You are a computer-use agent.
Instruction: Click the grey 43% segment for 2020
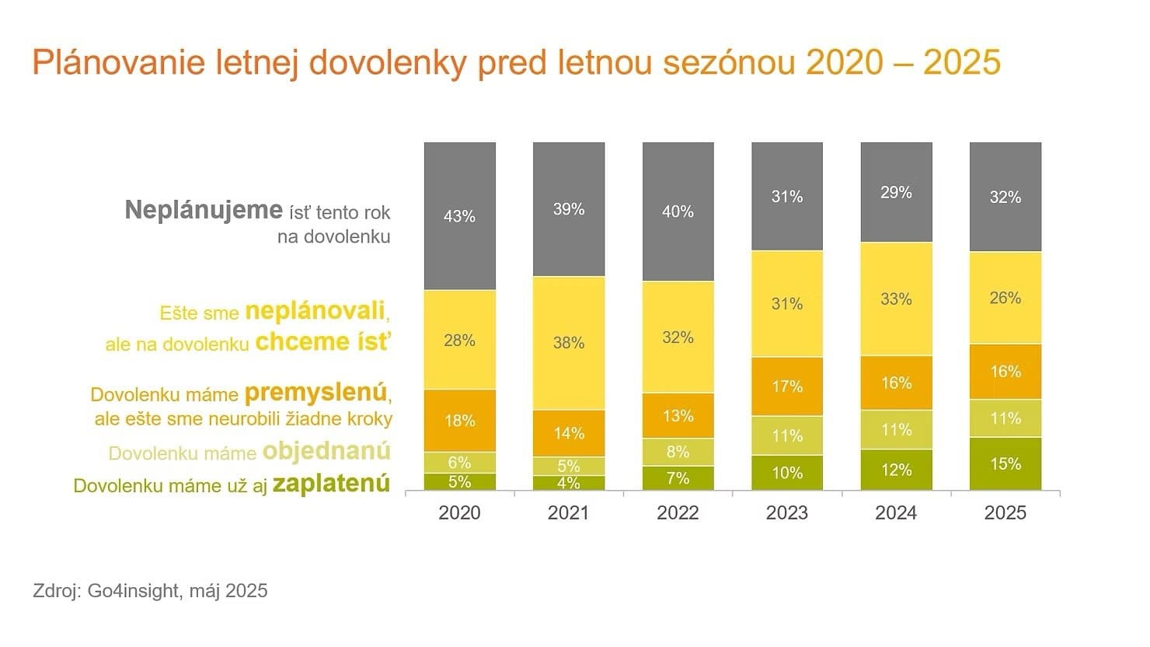459,216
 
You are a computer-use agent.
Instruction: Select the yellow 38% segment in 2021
569,343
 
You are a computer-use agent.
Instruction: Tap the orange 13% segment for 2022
678,416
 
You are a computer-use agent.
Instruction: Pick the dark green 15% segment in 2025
1005,463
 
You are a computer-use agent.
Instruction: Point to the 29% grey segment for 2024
896,192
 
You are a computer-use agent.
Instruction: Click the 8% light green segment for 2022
678,452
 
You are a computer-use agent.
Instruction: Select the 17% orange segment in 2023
787,386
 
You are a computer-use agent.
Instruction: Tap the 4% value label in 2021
569,483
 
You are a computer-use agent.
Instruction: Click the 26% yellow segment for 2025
1005,298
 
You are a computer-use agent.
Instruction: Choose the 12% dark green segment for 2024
896,470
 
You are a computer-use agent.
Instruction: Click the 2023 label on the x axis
787,513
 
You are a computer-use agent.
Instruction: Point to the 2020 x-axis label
459,513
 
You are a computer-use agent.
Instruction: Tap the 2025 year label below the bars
1005,513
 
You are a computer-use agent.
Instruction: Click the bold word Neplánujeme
203,210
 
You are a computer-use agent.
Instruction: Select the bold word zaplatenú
331,484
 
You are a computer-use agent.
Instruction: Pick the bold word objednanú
326,452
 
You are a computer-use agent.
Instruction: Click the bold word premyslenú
315,393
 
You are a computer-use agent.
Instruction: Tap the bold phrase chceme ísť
322,342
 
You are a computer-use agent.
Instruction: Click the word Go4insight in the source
132,591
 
